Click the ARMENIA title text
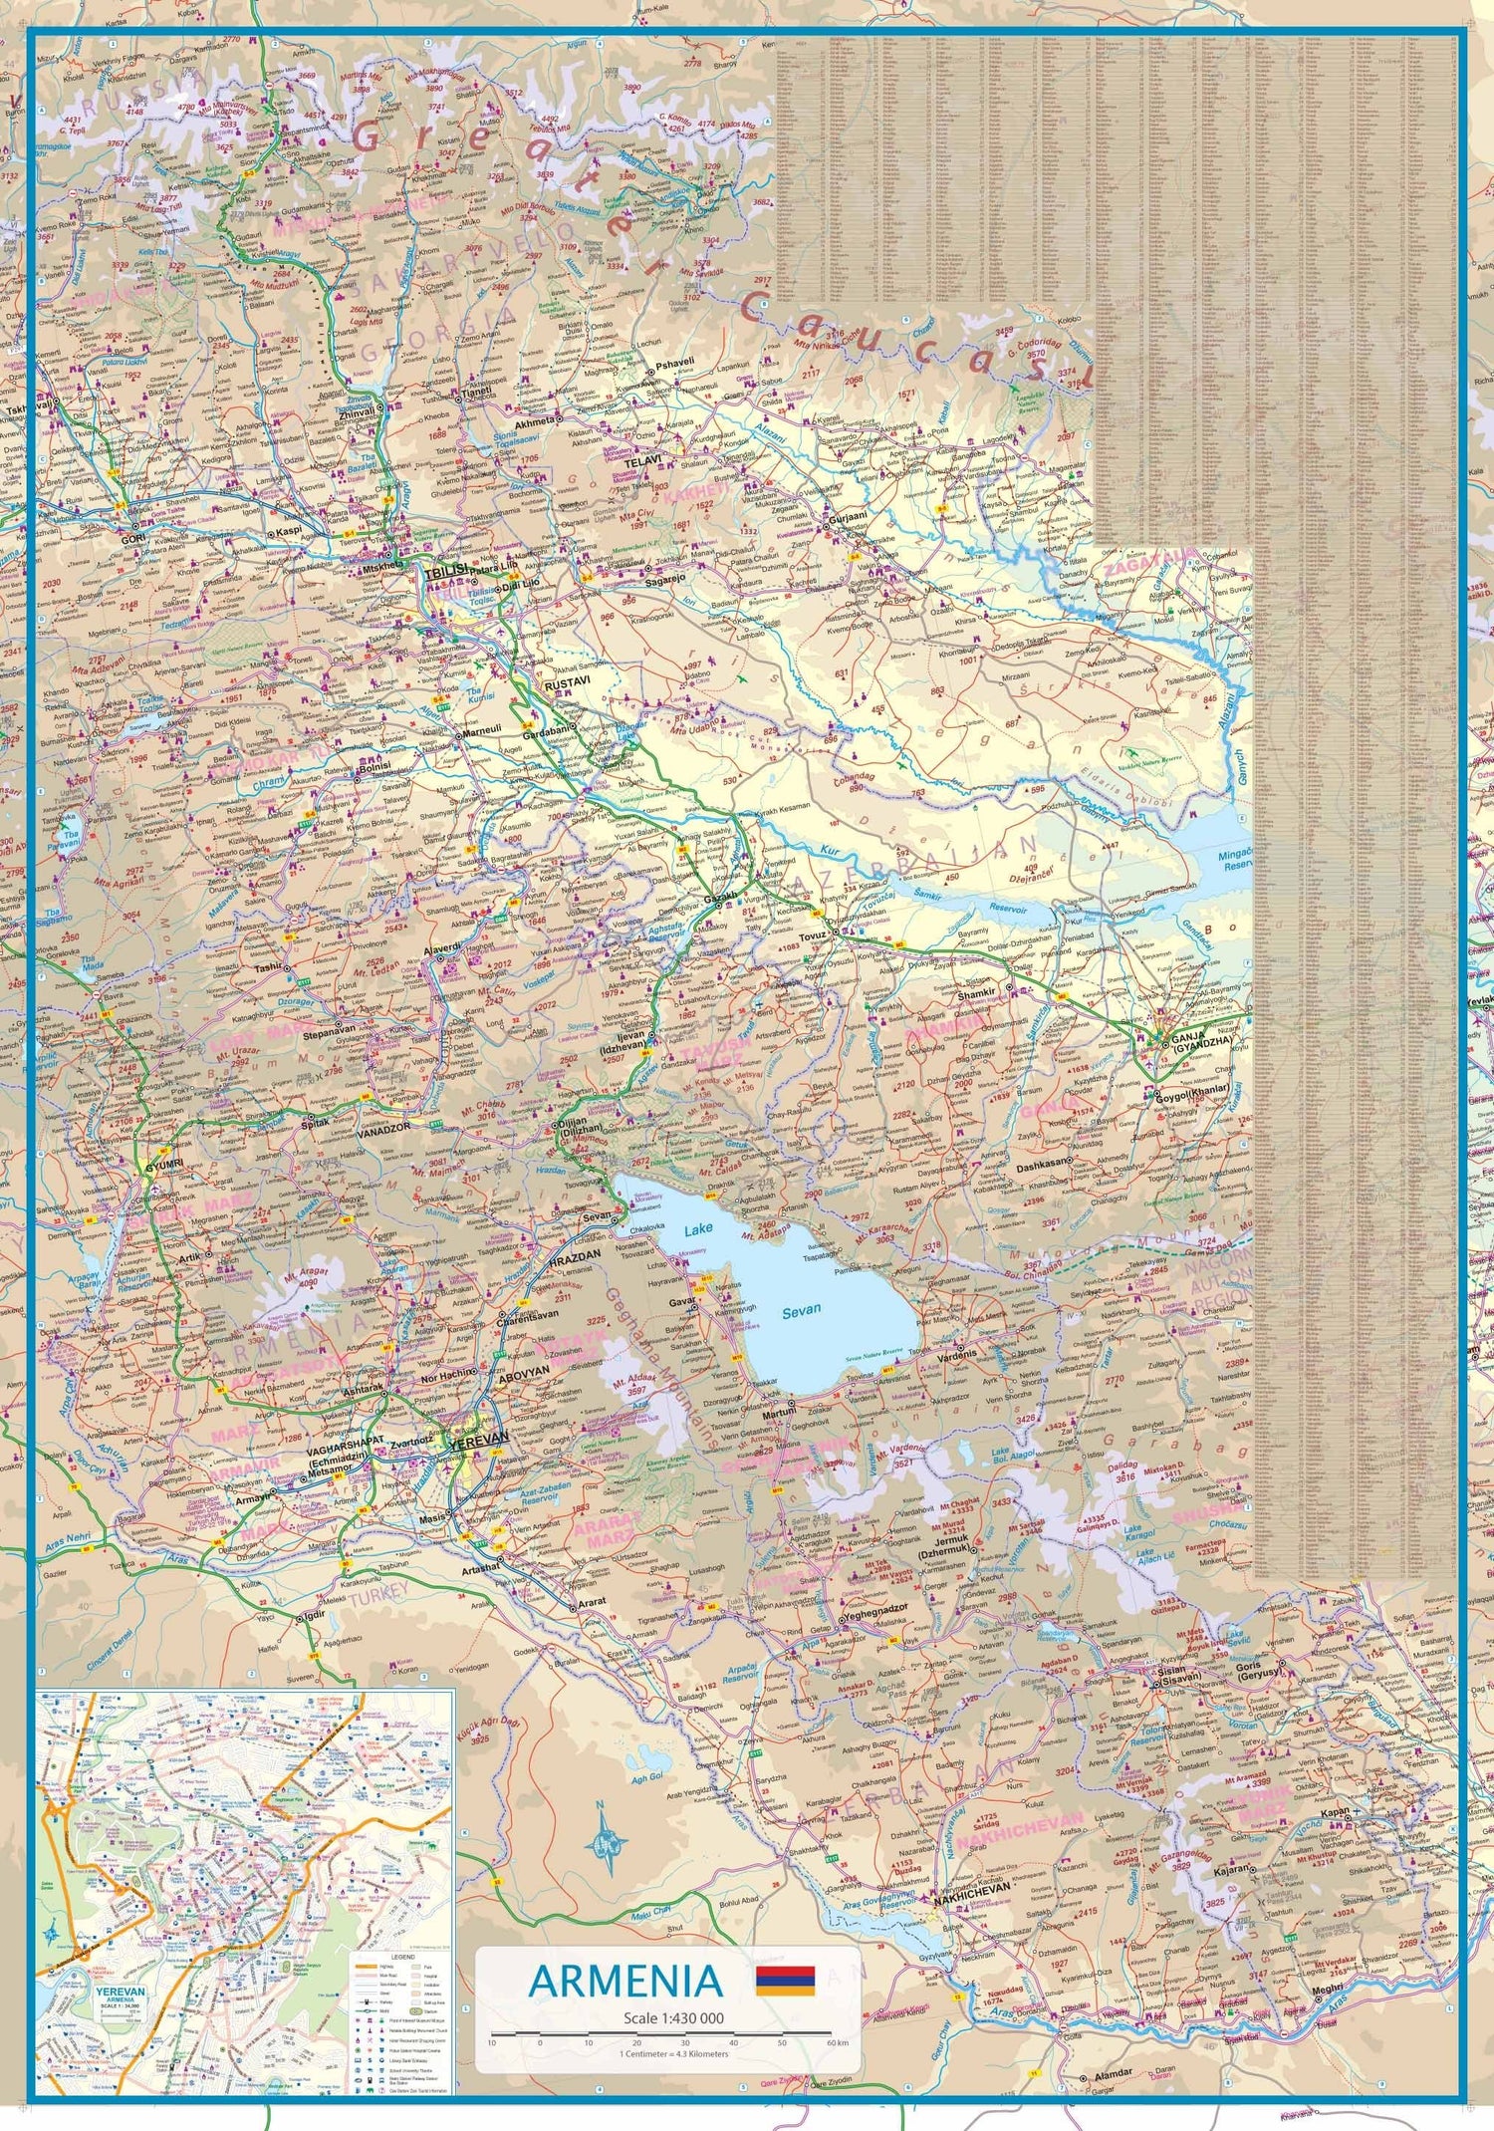click(x=625, y=1982)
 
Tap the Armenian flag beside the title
click(x=785, y=1981)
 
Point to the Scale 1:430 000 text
click(x=672, y=2018)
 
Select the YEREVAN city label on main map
click(x=478, y=1439)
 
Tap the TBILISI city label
click(x=445, y=574)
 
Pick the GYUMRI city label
click(x=163, y=1165)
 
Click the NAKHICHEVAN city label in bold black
click(x=972, y=1886)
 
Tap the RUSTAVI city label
click(x=567, y=685)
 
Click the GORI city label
click(x=132, y=538)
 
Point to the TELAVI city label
click(x=642, y=463)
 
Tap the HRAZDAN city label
click(x=575, y=1257)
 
